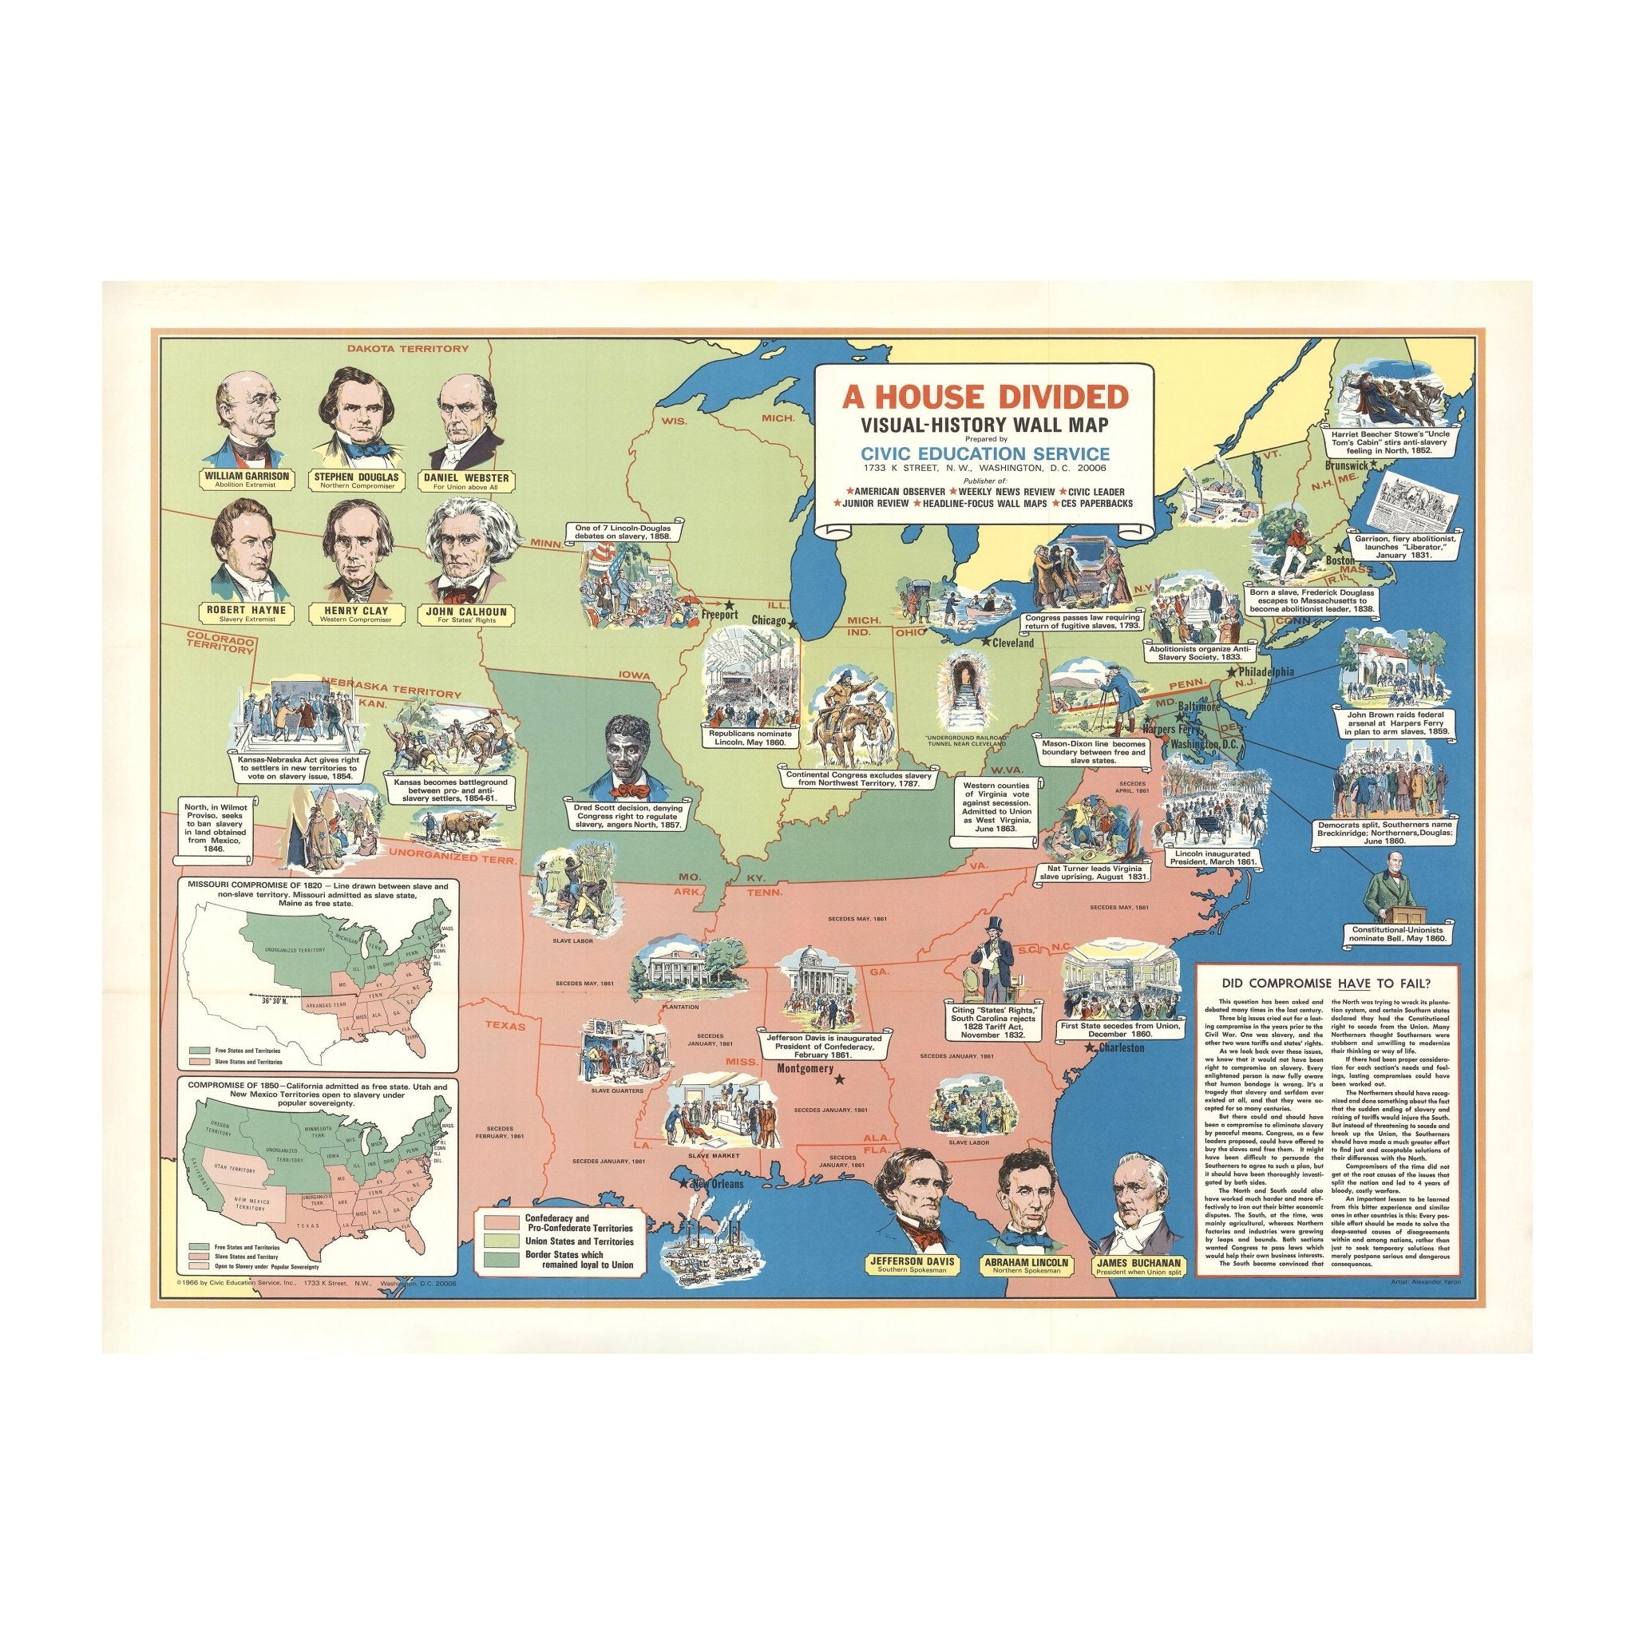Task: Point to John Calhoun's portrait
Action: [461, 549]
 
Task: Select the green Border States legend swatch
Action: [501, 1259]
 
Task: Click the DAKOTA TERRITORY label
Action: [407, 349]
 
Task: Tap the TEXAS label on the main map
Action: [505, 1026]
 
